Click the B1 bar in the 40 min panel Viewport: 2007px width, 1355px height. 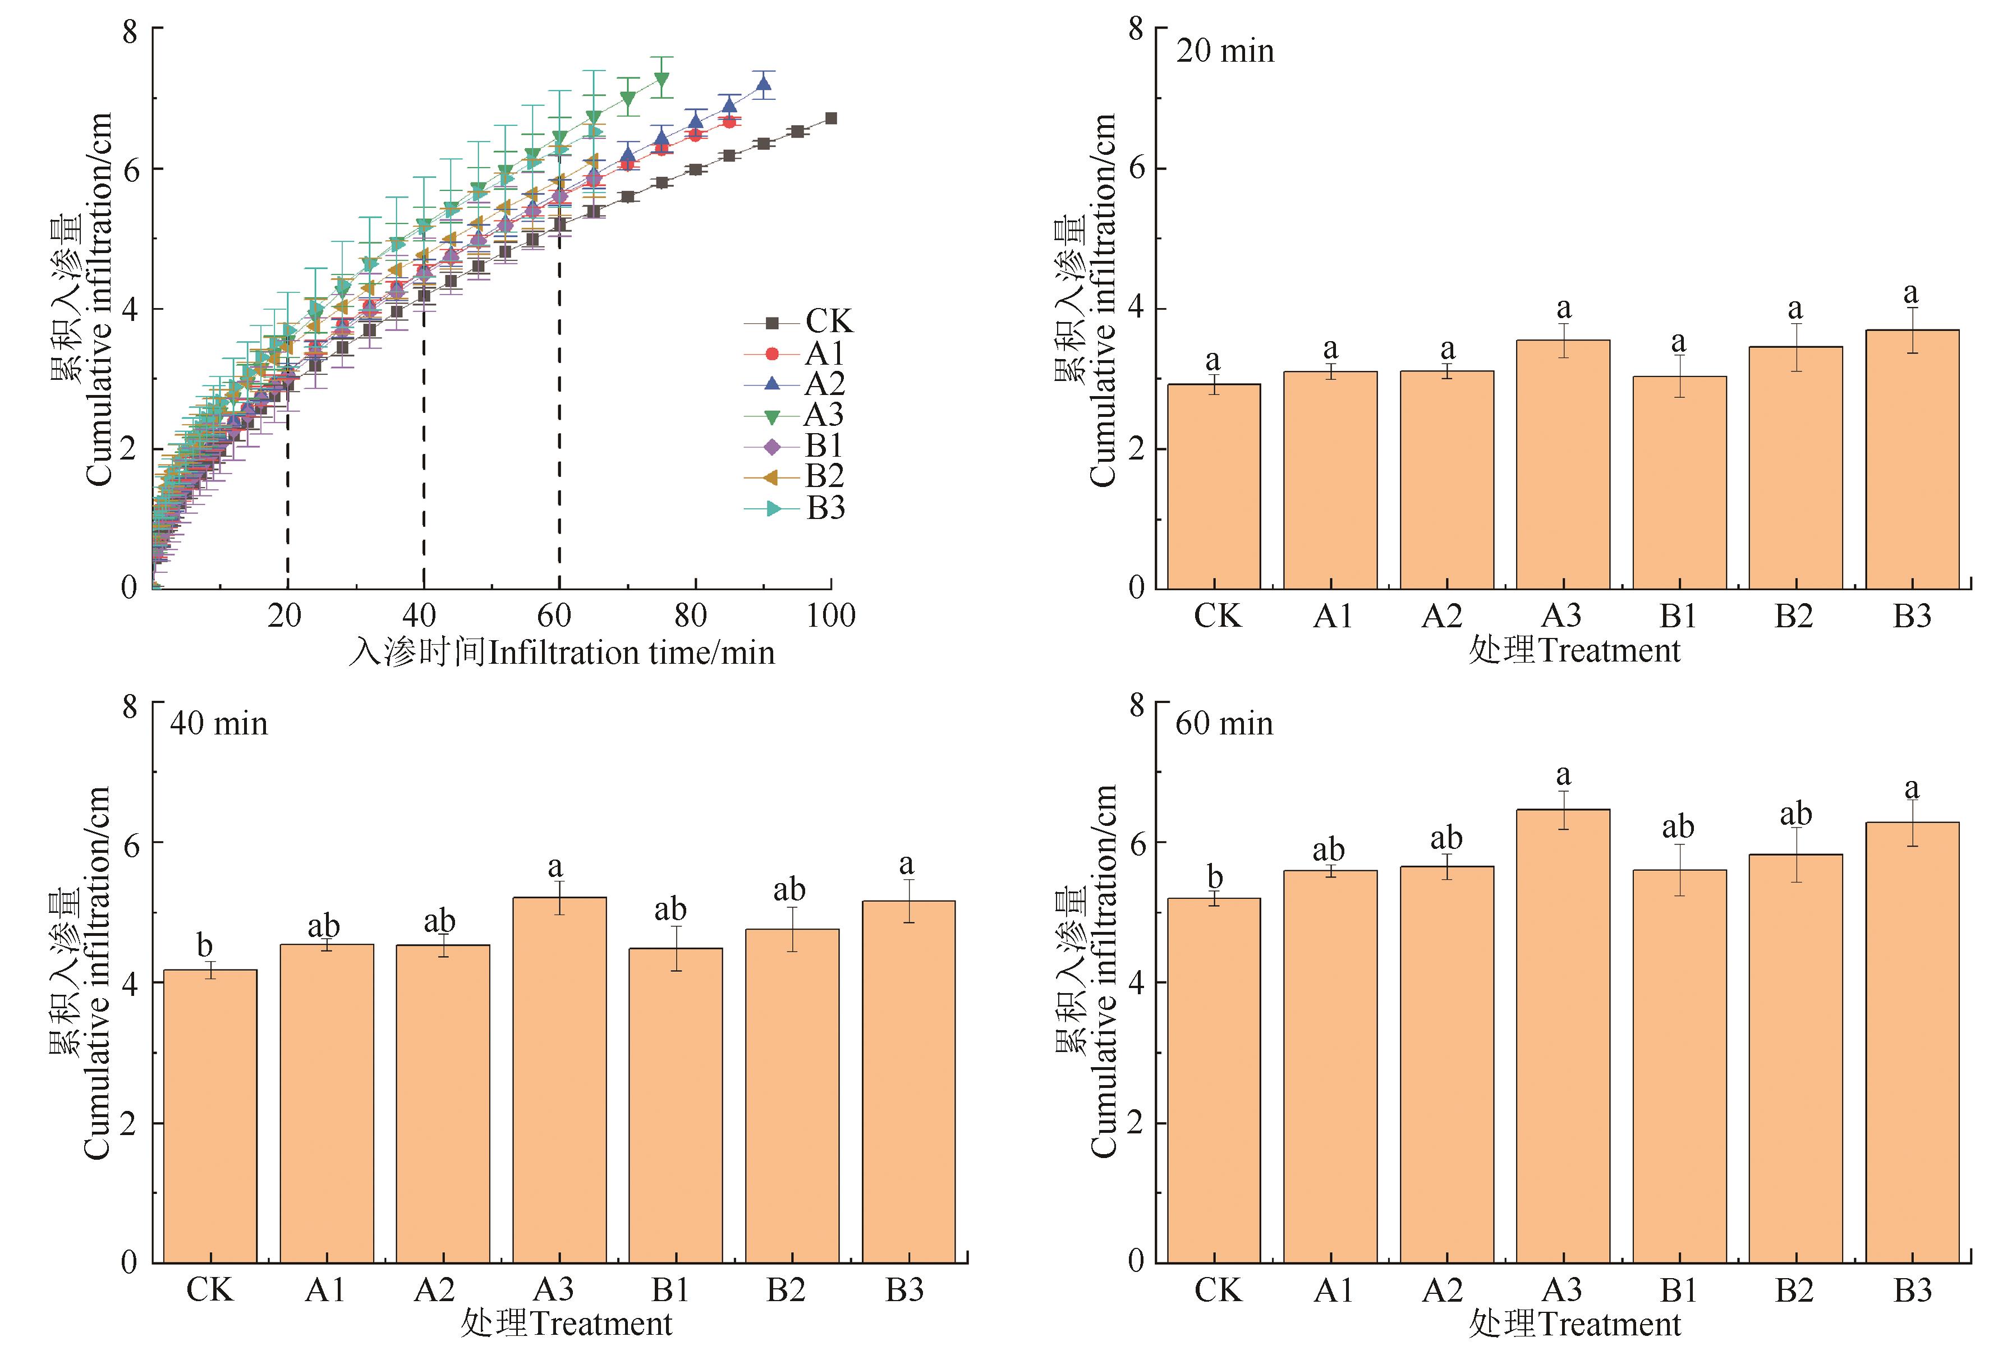(x=676, y=1105)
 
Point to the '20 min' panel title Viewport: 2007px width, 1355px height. (x=1225, y=52)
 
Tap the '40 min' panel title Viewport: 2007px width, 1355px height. (x=218, y=724)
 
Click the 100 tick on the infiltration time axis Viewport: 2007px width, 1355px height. (x=831, y=616)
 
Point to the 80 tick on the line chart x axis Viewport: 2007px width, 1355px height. (x=691, y=616)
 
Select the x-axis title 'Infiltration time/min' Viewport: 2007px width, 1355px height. (x=561, y=652)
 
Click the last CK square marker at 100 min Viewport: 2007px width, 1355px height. (x=831, y=118)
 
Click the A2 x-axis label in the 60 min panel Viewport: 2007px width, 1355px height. (x=1442, y=1290)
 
